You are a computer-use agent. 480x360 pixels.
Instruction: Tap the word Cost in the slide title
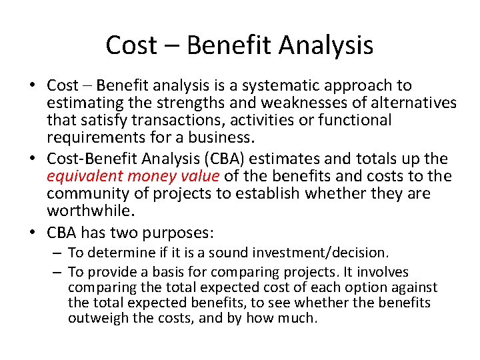click(131, 45)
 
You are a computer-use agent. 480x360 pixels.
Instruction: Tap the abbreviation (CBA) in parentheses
click(234, 159)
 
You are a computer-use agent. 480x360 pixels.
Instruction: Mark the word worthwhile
click(90, 211)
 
